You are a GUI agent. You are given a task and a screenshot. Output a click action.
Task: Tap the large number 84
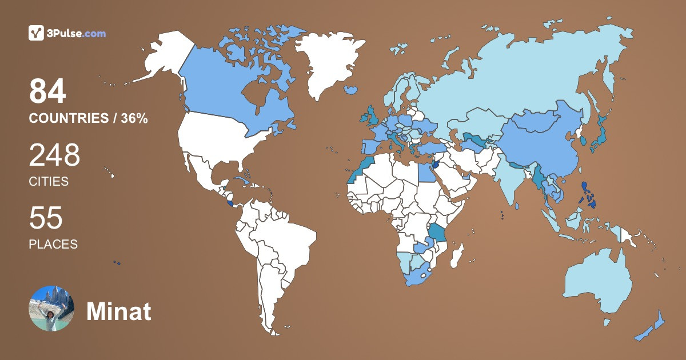coord(48,92)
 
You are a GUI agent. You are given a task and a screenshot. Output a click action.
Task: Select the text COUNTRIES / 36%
coord(89,119)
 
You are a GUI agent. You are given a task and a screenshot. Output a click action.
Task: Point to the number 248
coord(54,155)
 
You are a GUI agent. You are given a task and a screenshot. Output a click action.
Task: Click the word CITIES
coord(49,182)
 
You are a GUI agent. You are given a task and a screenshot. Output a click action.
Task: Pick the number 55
coord(46,219)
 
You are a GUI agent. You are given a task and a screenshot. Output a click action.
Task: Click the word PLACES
coord(53,244)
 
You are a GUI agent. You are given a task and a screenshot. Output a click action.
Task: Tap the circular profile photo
coord(51,309)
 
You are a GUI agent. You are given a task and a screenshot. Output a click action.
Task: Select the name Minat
coord(119,311)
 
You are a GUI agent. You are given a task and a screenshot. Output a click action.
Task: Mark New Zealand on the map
coord(652,329)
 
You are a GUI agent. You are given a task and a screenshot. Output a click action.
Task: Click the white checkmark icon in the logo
coord(36,33)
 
